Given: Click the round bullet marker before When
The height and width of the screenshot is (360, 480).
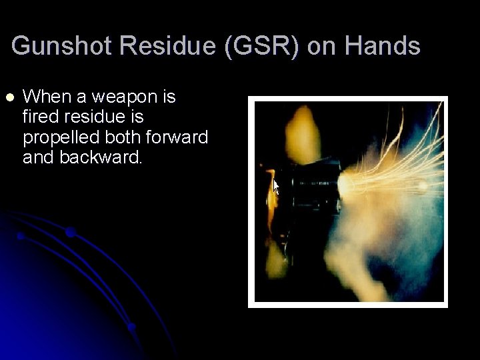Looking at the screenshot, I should click(9, 98).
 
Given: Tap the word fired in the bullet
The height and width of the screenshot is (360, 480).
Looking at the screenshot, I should click(41, 117).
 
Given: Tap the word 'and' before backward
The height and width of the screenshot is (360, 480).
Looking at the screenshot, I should click(39, 158).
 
